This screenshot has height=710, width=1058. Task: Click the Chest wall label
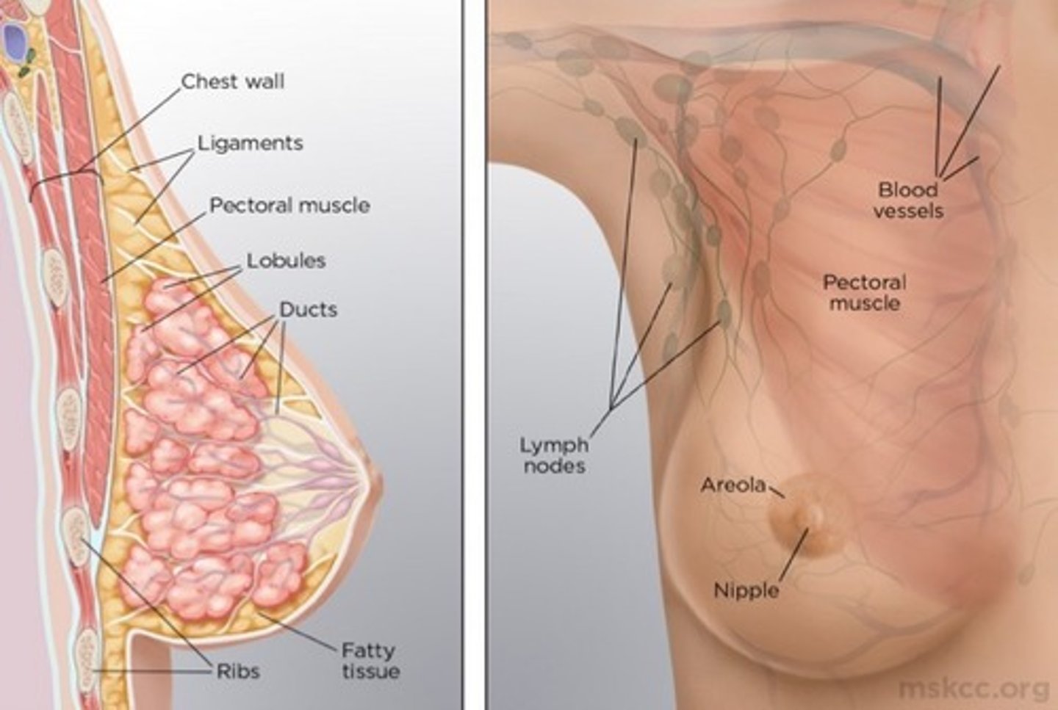(233, 81)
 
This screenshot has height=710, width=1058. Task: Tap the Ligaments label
(251, 143)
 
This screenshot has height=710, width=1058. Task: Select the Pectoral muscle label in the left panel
(289, 206)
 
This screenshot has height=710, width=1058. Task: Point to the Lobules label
(287, 261)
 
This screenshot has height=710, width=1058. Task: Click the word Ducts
(309, 310)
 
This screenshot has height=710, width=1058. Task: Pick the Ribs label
(238, 671)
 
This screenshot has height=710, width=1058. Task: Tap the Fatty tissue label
(370, 660)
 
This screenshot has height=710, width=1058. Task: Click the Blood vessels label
(908, 200)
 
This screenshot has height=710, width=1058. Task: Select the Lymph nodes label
(555, 455)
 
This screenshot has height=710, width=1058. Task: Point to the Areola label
(733, 485)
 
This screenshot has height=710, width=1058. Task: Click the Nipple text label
(746, 590)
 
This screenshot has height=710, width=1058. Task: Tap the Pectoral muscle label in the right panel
(865, 293)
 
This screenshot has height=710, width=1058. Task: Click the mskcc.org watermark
(974, 689)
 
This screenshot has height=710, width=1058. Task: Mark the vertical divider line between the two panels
(464, 355)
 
